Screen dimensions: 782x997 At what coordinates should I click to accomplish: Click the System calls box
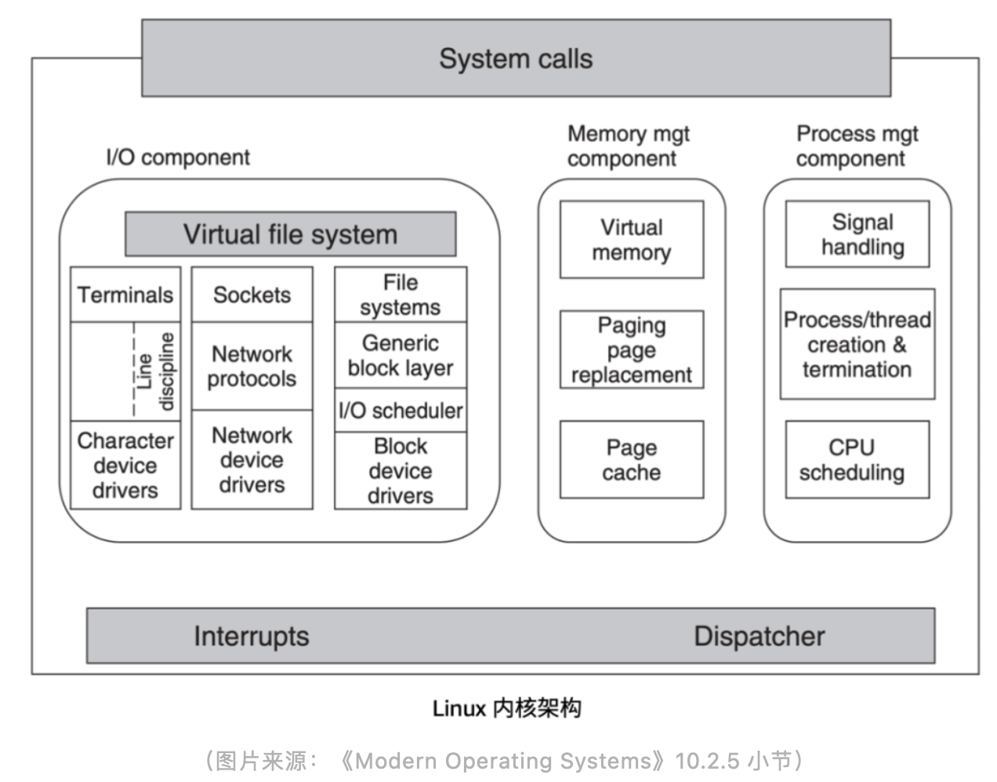[516, 59]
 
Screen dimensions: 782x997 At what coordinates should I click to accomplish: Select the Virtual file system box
[290, 234]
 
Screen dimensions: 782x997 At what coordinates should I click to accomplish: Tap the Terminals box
[125, 295]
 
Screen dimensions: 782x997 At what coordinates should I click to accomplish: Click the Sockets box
[252, 295]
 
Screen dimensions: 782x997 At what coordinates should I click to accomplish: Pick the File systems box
[400, 295]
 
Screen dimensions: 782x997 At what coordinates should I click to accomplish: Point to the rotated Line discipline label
[155, 371]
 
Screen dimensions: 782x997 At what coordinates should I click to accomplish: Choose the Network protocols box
[252, 366]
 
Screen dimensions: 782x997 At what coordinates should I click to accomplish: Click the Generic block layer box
[400, 355]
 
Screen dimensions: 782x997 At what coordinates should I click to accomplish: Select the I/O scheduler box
[400, 410]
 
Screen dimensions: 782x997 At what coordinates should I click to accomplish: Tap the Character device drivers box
[125, 465]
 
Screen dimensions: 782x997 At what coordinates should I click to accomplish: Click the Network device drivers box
[252, 460]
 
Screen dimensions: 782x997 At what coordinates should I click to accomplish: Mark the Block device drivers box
[400, 470]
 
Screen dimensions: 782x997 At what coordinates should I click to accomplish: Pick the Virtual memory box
[631, 240]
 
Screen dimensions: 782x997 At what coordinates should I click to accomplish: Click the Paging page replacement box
[631, 349]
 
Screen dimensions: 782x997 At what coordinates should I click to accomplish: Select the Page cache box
[631, 460]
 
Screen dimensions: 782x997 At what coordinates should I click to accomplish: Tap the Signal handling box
[857, 234]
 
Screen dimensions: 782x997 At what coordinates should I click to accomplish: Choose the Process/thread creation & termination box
[857, 345]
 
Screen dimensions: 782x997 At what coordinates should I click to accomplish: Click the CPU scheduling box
[857, 460]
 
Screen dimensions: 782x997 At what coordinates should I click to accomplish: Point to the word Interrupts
[251, 635]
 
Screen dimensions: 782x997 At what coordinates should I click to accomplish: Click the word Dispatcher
[759, 635]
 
